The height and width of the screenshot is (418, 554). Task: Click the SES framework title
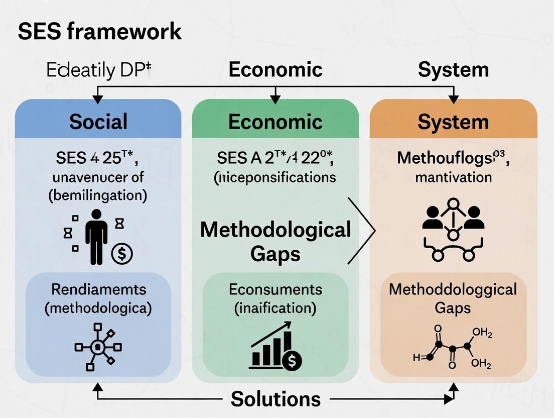coord(99,31)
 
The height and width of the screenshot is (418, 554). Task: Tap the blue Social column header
coord(98,122)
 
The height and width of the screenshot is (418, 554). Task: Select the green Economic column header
coord(275,122)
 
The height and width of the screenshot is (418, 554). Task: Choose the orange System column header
coord(453,122)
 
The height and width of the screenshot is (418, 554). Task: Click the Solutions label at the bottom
coord(275,399)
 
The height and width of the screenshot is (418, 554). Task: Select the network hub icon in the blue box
coord(97,346)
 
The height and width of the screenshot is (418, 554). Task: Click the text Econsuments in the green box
coord(275,289)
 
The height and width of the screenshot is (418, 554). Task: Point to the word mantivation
coord(453,177)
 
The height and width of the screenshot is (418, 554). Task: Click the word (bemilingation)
coord(98,195)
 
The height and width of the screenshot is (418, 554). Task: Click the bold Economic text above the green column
coord(275,69)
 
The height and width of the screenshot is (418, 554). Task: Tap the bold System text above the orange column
coord(453,69)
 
